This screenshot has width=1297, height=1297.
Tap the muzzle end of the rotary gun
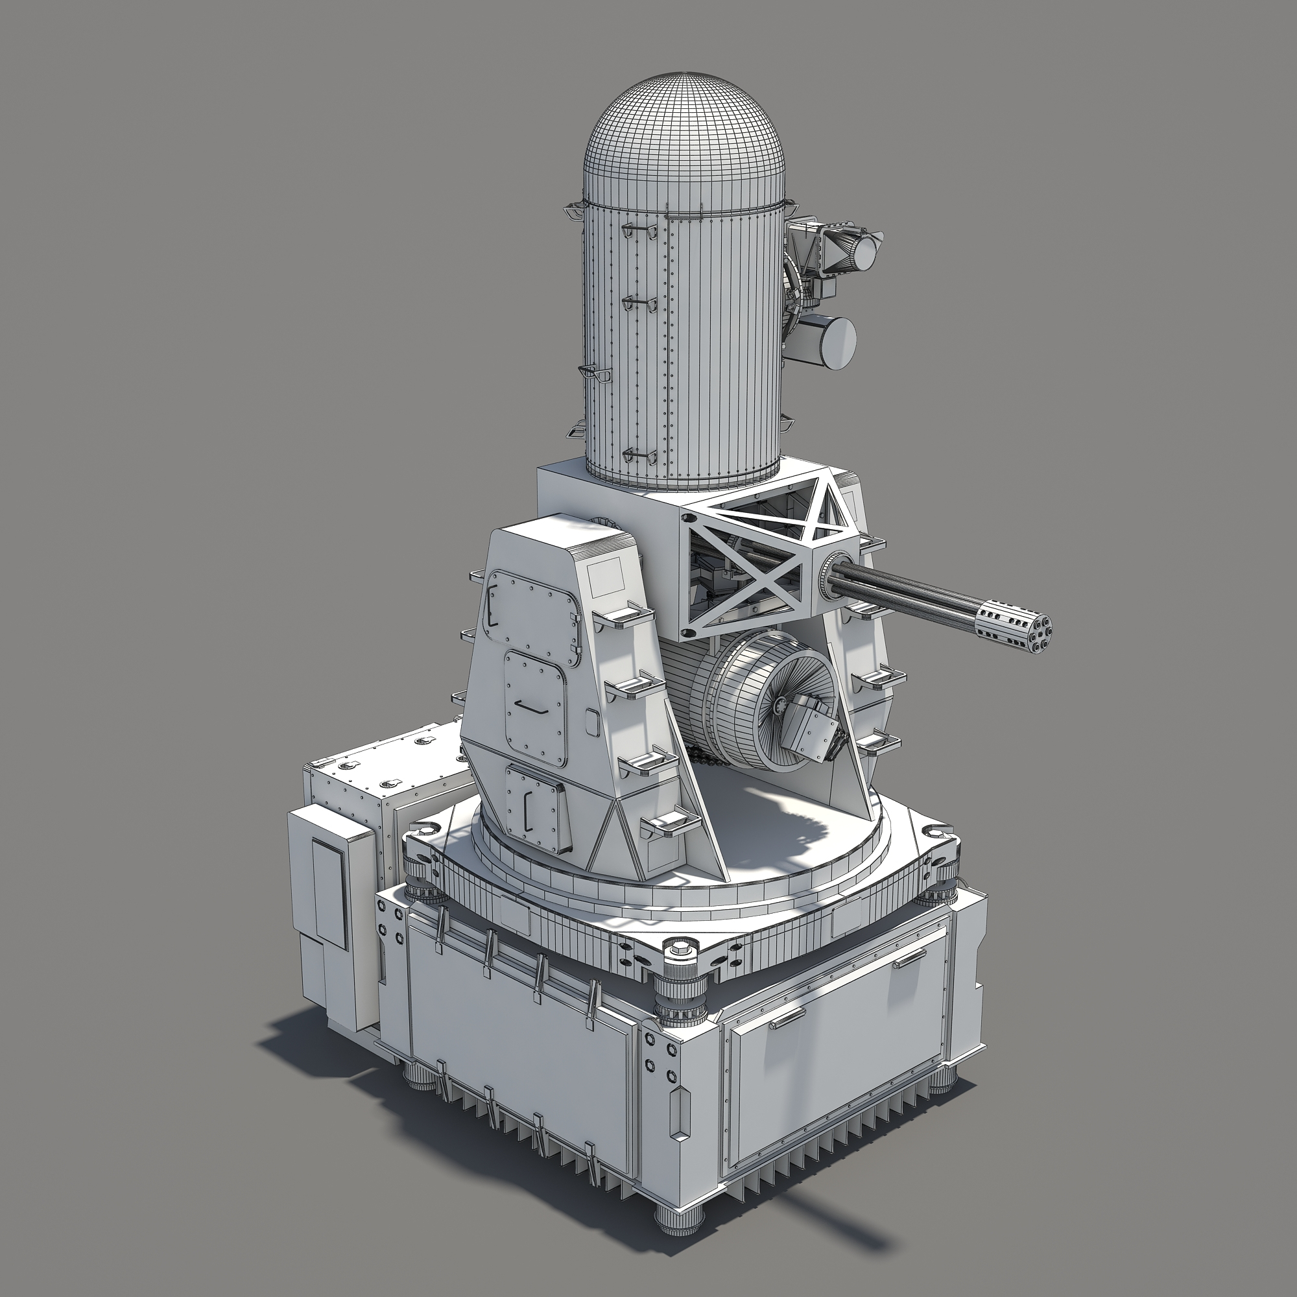pyautogui.click(x=1016, y=628)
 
